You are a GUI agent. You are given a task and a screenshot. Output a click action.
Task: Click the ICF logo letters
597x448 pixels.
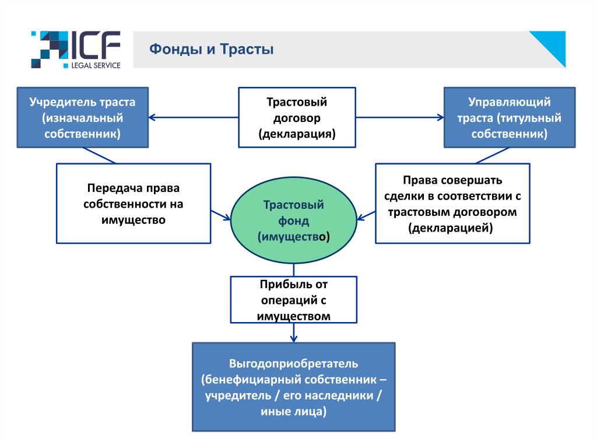click(x=95, y=45)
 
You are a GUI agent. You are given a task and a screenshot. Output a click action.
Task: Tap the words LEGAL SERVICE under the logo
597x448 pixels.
click(x=96, y=65)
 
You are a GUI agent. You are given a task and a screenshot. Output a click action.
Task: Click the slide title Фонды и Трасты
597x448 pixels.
click(x=211, y=50)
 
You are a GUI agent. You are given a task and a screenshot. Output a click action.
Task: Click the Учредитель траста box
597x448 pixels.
click(x=83, y=117)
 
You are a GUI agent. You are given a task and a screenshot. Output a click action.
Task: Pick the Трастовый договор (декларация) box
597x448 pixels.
click(x=297, y=117)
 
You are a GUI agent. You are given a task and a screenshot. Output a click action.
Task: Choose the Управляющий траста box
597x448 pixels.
click(x=510, y=117)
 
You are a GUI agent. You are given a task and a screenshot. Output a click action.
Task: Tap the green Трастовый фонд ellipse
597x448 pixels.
click(x=294, y=220)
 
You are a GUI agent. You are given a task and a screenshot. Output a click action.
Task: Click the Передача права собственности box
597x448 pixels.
click(x=134, y=204)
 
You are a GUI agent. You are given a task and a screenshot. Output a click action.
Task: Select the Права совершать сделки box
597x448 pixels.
click(x=452, y=204)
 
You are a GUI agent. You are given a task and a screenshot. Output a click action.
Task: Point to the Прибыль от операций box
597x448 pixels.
click(x=294, y=300)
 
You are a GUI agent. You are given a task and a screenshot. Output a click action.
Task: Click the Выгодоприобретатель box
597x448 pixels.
click(x=294, y=387)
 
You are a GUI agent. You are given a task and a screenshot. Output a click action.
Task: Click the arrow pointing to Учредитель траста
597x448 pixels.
click(x=194, y=117)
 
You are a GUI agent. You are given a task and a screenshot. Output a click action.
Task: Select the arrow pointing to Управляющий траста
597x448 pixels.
click(x=400, y=117)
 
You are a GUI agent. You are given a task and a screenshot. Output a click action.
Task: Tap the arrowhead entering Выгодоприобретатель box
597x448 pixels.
click(x=294, y=339)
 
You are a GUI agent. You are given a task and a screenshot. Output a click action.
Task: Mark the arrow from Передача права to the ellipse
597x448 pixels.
click(x=221, y=215)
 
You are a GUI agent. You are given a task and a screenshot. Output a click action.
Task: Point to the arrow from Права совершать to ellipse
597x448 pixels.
click(x=366, y=216)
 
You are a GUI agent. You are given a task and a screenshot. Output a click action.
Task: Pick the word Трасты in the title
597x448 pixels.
click(x=247, y=50)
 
